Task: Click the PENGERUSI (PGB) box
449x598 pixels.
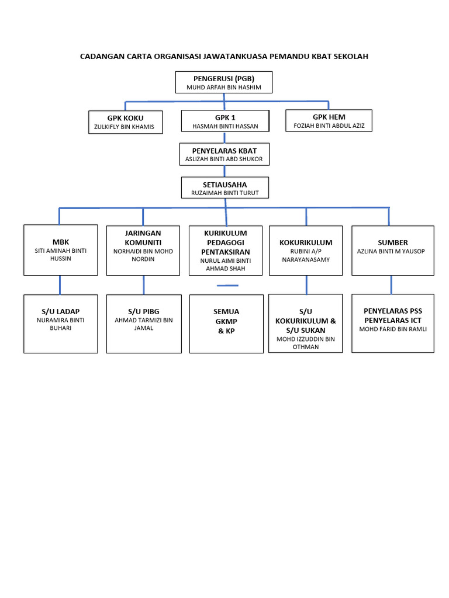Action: [224, 82]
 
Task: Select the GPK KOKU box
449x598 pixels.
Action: [125, 122]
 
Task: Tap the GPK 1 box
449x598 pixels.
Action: [225, 121]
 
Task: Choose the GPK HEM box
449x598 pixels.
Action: [329, 120]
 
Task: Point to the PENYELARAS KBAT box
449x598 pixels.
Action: [225, 154]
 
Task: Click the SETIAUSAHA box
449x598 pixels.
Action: [225, 188]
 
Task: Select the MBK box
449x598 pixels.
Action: [61, 250]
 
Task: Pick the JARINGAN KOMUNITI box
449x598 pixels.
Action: [143, 250]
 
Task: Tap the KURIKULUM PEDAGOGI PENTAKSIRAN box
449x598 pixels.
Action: [225, 251]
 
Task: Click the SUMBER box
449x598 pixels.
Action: [392, 250]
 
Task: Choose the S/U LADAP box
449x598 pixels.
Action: [61, 324]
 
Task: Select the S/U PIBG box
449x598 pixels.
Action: [143, 324]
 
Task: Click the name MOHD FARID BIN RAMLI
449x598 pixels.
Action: [392, 329]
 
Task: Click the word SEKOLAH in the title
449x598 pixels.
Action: [350, 57]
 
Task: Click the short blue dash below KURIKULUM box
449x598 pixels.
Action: [227, 286]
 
